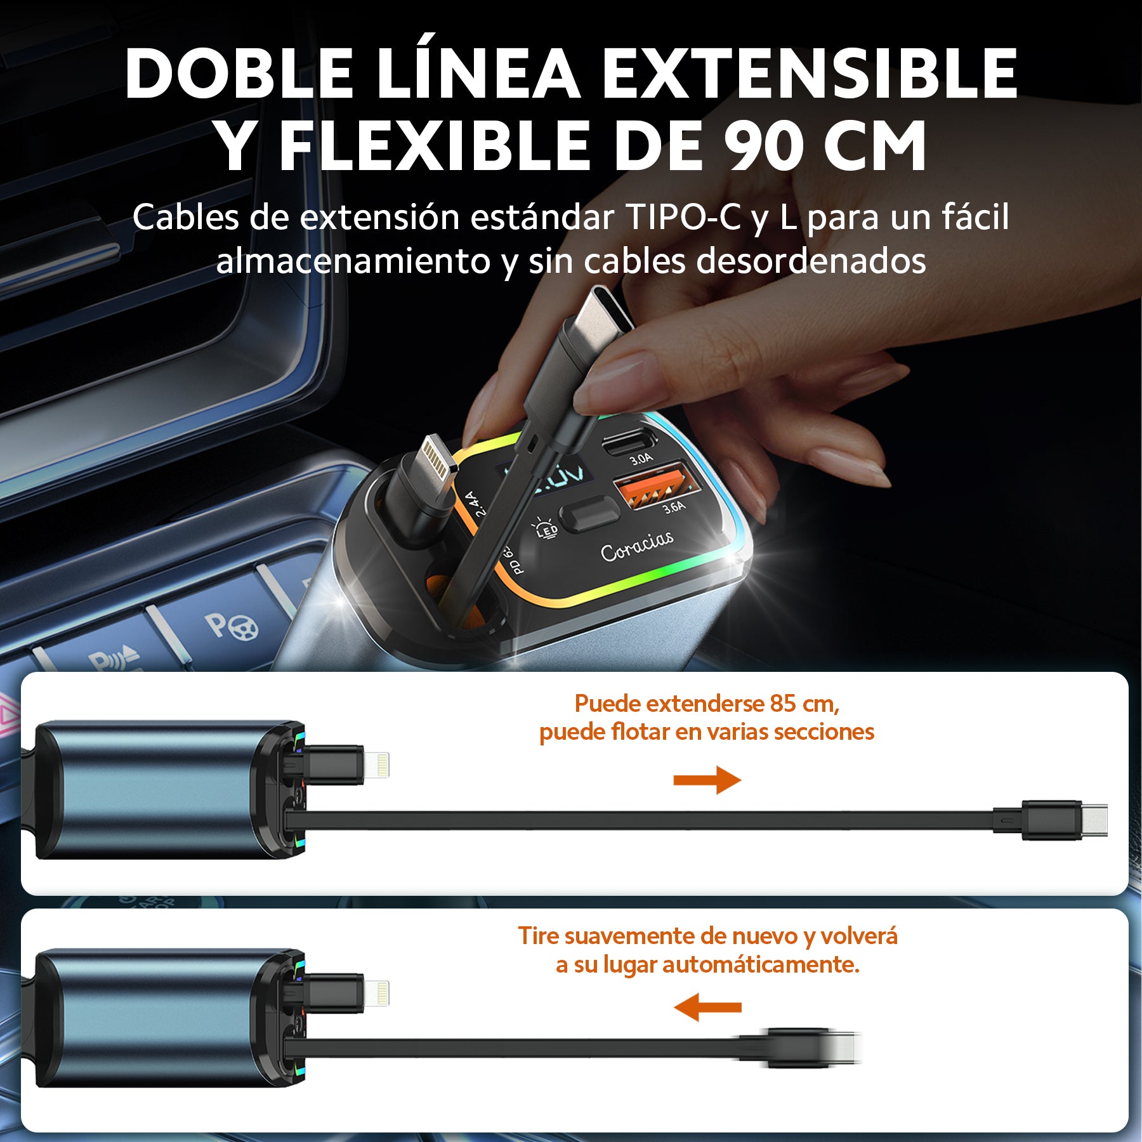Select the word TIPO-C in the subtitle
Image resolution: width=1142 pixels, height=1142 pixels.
(x=683, y=218)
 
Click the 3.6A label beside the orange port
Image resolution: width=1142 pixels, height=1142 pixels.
(x=674, y=507)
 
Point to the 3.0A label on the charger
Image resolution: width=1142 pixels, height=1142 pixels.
(x=640, y=459)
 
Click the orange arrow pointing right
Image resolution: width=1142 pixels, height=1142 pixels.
(x=707, y=780)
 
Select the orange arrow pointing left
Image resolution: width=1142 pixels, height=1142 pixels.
(x=707, y=1007)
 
